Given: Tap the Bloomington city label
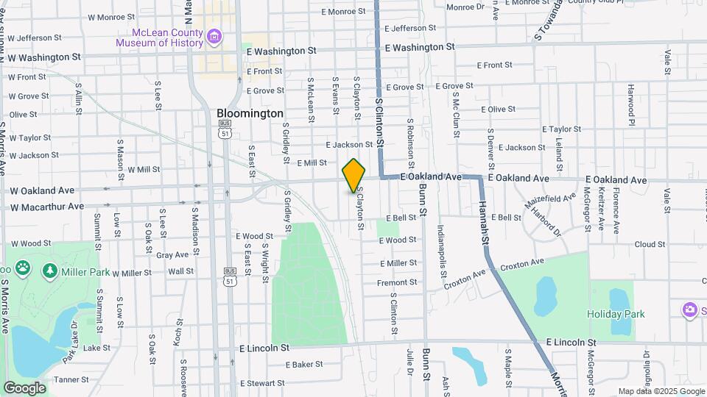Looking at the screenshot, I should pos(250,114).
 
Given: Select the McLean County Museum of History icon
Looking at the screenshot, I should pos(214,36).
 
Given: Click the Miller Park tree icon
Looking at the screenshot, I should pos(50,271).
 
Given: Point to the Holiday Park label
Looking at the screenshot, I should pos(616,314).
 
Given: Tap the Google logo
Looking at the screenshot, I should pos(24,387).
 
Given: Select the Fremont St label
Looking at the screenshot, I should pos(397,282).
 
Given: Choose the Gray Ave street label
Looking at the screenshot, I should pos(172,255).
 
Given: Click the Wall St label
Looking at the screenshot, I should pos(180,271).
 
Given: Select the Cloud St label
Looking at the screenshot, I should pos(650,244).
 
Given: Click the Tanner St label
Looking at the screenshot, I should pos(71,380).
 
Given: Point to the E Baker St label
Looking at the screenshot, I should pos(304,364).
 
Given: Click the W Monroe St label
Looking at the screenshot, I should pos(111,16).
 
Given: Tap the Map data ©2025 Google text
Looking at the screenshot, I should pos(660,391).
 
